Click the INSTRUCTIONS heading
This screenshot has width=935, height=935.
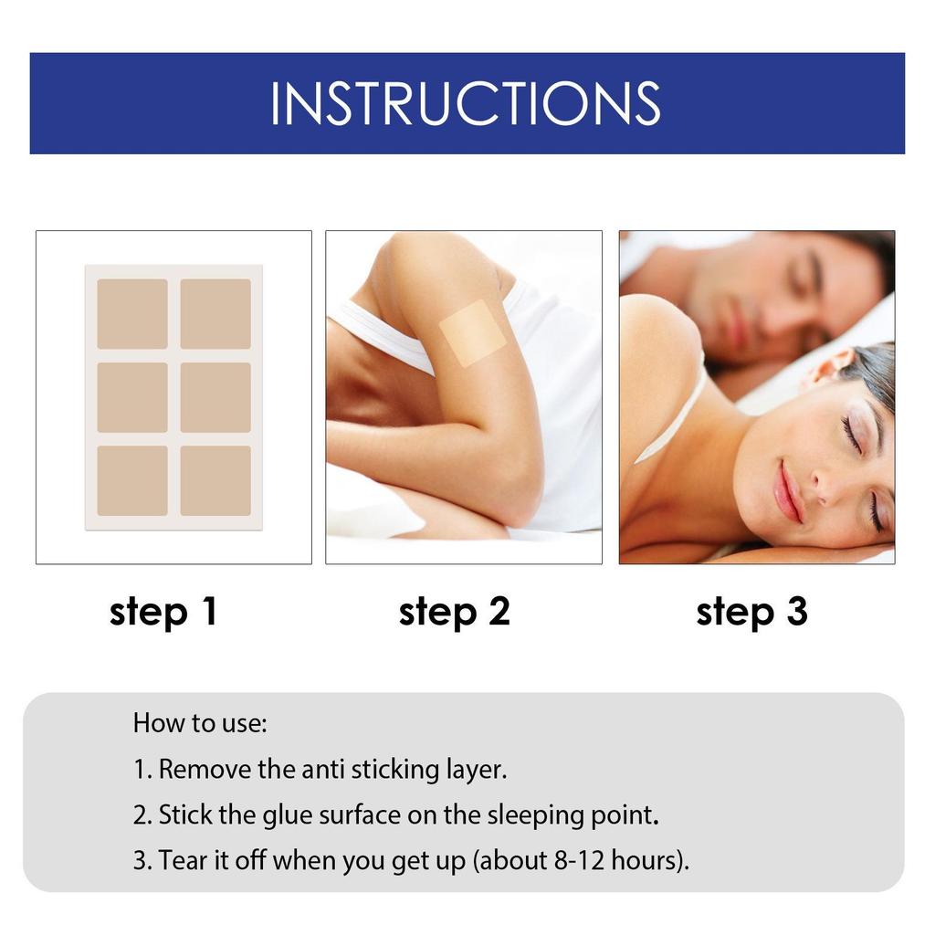[466, 103]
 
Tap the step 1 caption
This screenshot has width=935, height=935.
[163, 612]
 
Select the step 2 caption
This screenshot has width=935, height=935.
[454, 612]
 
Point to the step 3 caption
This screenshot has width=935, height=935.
[751, 612]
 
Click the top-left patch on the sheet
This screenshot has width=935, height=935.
[132, 313]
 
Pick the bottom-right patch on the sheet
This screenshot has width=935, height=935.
[215, 480]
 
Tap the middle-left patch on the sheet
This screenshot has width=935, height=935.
[132, 397]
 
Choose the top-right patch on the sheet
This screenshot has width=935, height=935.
[215, 313]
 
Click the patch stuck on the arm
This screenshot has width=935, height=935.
[472, 333]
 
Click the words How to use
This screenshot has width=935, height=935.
[200, 723]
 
